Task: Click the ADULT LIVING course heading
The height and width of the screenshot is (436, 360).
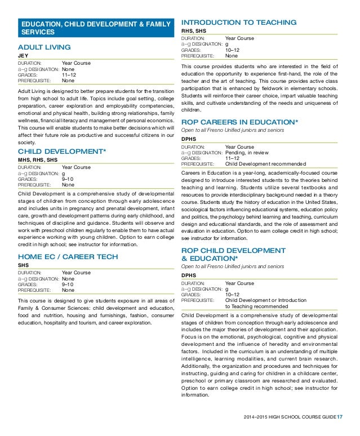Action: coord(45,47)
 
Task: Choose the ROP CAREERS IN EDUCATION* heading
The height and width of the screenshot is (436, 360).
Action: coord(239,122)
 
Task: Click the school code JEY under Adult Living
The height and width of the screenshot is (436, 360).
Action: coord(24,56)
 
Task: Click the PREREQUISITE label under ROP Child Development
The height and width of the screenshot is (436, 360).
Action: coord(198,300)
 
